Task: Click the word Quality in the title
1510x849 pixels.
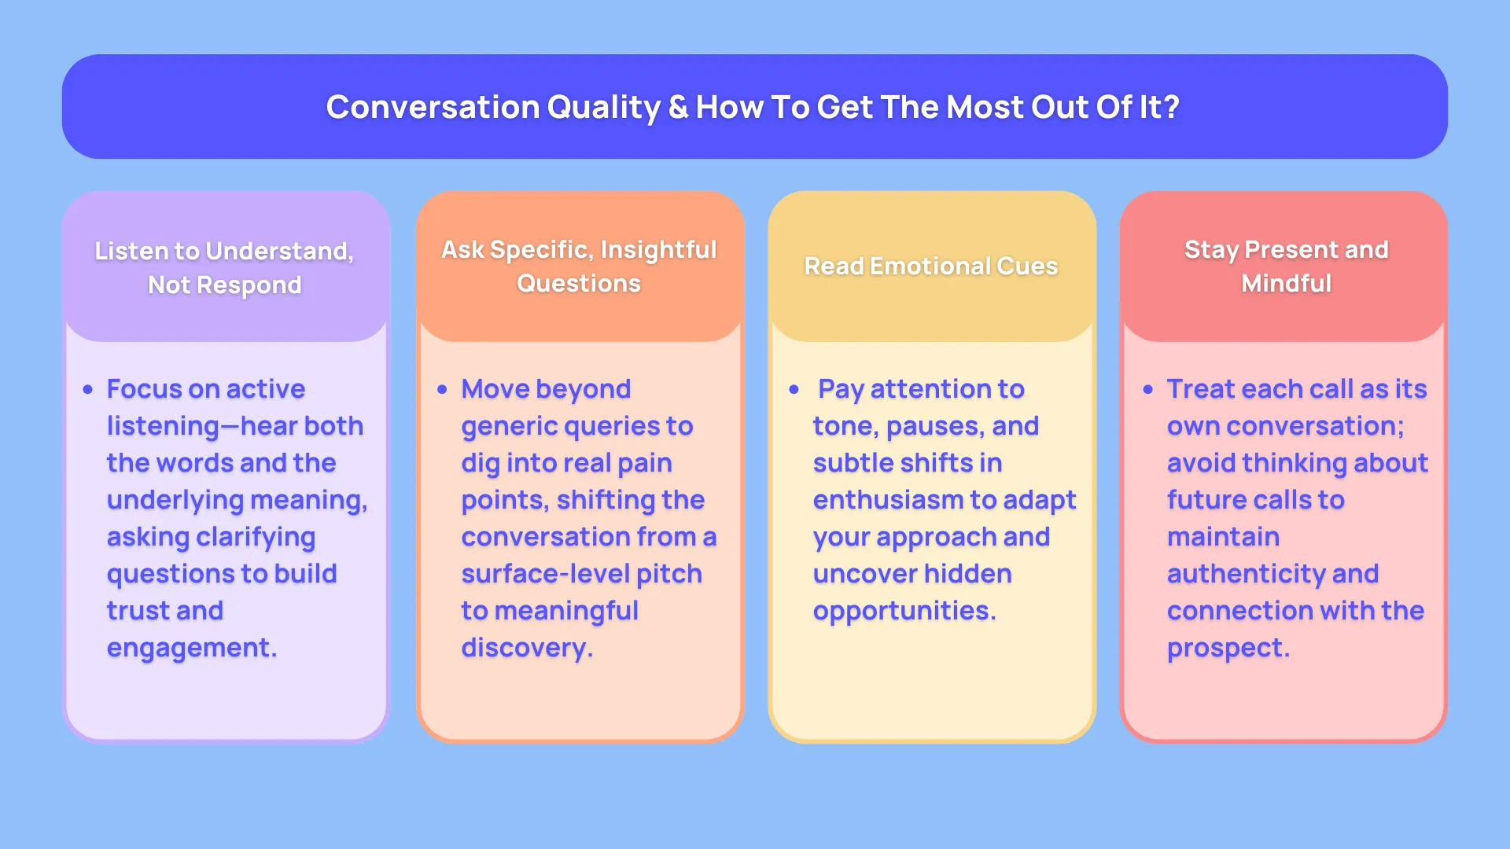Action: point(604,108)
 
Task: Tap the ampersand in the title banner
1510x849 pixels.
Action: point(678,107)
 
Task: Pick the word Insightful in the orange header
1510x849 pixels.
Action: point(658,250)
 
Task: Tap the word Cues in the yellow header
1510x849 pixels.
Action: point(1027,266)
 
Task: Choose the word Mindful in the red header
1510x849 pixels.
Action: point(1286,283)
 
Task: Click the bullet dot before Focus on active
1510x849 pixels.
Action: point(88,389)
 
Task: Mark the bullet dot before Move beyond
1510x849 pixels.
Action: point(442,389)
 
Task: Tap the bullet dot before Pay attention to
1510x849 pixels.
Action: point(794,389)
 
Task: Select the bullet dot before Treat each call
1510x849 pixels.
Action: point(1148,389)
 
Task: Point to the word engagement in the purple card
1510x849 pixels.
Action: point(192,649)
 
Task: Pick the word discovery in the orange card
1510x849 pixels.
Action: point(527,649)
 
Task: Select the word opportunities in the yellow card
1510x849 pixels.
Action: point(904,612)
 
